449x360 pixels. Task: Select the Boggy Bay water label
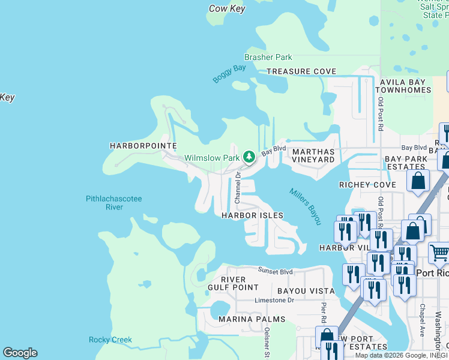(229, 74)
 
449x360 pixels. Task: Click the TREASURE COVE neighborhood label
(301, 71)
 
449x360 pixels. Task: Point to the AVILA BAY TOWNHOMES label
(403, 86)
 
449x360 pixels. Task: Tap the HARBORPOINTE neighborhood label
(143, 146)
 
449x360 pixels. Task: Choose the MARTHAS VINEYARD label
(313, 156)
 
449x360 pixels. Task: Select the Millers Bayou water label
(305, 206)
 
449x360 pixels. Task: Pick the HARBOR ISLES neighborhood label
(252, 215)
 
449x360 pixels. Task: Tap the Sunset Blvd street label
(275, 271)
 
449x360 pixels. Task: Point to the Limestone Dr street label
(274, 300)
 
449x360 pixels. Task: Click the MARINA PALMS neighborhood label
(252, 319)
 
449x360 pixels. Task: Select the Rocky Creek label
(110, 340)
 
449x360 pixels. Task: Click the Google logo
(20, 353)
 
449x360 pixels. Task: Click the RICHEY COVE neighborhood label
(367, 185)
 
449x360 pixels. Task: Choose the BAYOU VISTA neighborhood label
(306, 291)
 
